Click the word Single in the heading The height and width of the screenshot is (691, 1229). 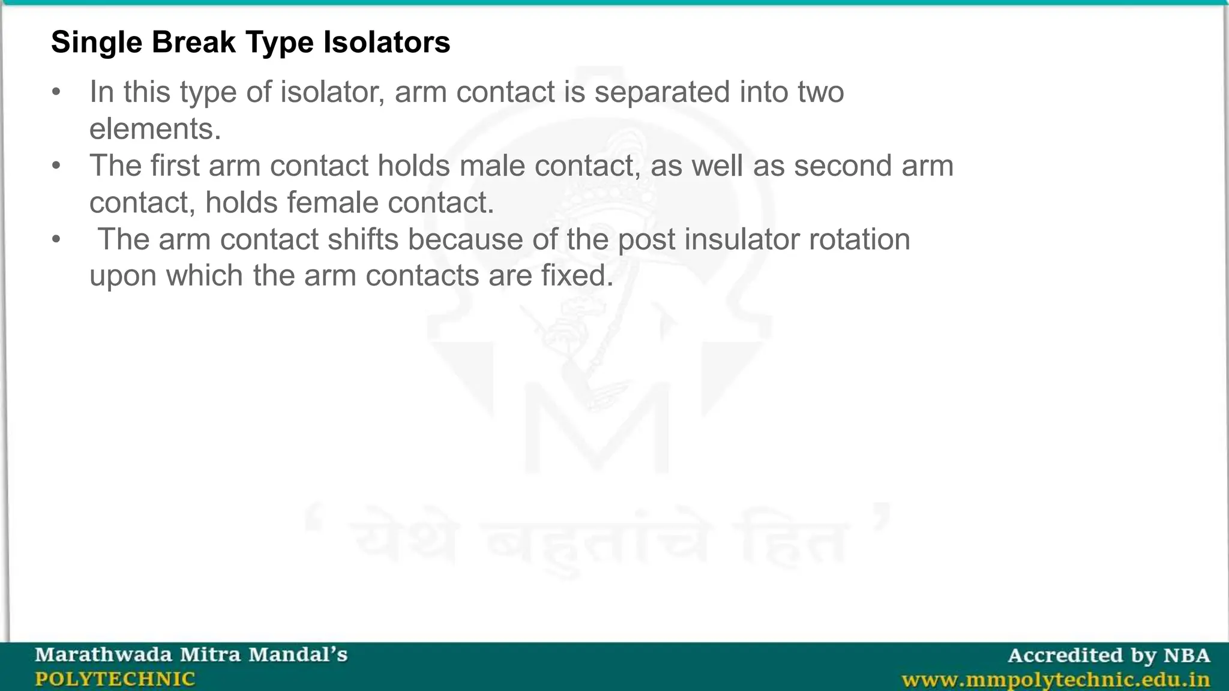coord(96,43)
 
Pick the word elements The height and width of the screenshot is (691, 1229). coord(155,129)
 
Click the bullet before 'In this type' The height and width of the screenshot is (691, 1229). coord(56,92)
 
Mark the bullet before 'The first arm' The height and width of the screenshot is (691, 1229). coord(56,166)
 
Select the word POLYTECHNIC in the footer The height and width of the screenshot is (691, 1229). coord(115,679)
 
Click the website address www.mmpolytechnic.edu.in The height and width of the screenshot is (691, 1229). coord(1056,680)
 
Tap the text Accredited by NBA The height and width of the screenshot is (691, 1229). coord(1108,655)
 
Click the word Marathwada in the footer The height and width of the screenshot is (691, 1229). coord(103,654)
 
